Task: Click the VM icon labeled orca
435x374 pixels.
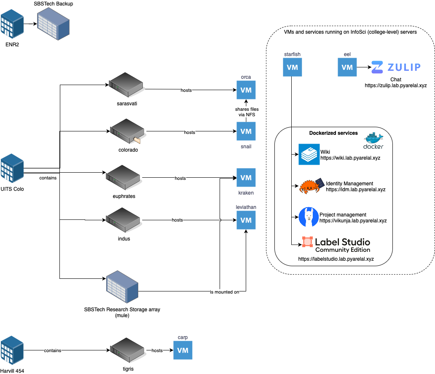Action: click(x=246, y=90)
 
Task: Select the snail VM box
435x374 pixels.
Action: click(x=246, y=131)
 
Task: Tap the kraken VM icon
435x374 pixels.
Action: click(x=246, y=178)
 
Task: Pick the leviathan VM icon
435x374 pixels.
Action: click(x=246, y=220)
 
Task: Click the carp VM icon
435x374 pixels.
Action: click(x=183, y=350)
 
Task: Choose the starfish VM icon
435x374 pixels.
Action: click(x=292, y=67)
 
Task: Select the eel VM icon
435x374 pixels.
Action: click(x=347, y=67)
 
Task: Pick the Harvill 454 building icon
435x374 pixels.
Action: click(x=12, y=351)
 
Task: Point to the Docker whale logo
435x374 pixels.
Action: click(x=373, y=140)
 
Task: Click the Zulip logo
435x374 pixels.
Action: click(x=396, y=67)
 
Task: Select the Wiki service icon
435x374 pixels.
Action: click(x=309, y=154)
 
